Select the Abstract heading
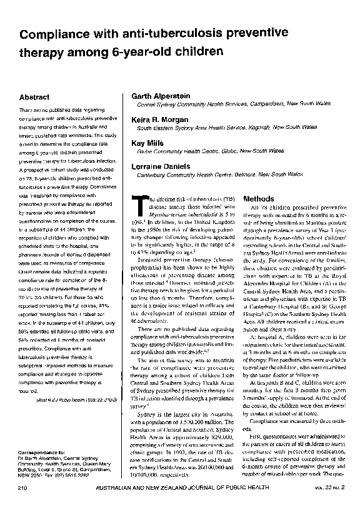click(x=35, y=98)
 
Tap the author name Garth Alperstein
click(x=161, y=96)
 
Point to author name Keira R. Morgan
click(x=159, y=119)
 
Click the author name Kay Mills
click(x=146, y=143)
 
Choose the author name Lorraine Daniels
click(x=159, y=166)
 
